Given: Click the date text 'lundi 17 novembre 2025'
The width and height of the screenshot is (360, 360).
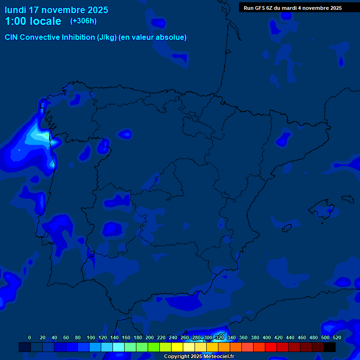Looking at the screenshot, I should [56, 10].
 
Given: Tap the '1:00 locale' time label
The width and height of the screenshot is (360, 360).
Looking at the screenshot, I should [33, 21].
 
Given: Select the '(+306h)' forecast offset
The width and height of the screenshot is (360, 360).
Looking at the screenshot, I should [83, 21].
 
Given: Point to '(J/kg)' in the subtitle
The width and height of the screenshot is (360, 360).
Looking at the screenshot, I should [107, 37].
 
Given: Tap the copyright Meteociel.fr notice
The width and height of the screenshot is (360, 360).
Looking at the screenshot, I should [199, 357].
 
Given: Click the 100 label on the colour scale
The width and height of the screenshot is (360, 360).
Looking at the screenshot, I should [90, 337].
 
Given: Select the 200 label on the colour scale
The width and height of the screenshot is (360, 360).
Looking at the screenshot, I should [150, 337].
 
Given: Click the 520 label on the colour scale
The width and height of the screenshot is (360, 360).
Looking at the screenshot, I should [337, 337].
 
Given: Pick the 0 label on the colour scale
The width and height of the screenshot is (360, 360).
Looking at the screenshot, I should [30, 337].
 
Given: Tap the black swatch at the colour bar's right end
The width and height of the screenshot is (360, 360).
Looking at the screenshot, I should [330, 347].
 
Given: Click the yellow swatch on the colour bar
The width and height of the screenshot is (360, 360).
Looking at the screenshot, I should [177, 347].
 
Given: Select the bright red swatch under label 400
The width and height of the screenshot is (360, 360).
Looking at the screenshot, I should [270, 347].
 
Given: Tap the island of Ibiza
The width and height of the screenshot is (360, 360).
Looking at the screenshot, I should [287, 228].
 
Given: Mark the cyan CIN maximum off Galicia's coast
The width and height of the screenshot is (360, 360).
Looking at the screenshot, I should [40, 136].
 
